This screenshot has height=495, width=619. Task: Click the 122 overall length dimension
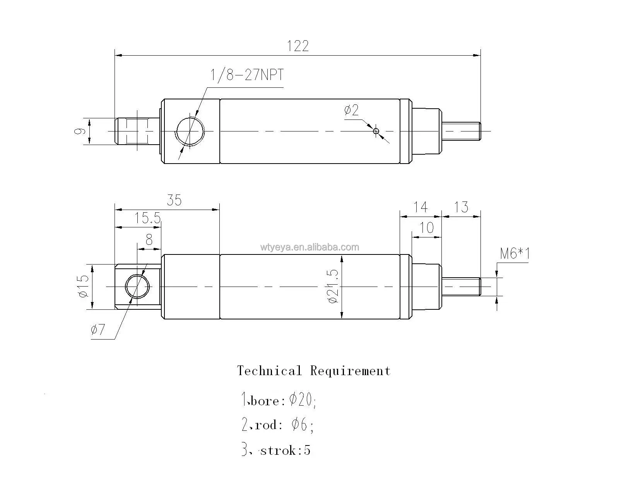pos(298,46)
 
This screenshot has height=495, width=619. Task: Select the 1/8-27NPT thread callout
pos(247,75)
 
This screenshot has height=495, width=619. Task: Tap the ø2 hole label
pos(351,110)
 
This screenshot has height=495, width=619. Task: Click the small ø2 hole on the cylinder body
pos(376,131)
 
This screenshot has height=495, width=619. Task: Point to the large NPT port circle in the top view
pos(190,131)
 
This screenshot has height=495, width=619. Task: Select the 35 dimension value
pos(174,200)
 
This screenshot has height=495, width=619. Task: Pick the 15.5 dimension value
pos(147,218)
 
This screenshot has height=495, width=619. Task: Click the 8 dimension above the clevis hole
pos(149,240)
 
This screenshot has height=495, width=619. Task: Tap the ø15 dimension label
pos(83,286)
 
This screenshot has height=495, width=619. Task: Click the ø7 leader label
pos(98,330)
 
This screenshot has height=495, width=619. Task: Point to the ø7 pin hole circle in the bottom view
pos(137,287)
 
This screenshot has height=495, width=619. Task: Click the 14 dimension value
pos(420,207)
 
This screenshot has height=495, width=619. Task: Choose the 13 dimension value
pos(461,207)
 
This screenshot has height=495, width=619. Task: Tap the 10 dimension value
pos(426,227)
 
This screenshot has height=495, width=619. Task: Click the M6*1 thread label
pos(515,254)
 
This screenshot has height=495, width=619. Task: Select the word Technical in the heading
pos(269,371)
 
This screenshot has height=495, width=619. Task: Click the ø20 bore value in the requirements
pos(301,399)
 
